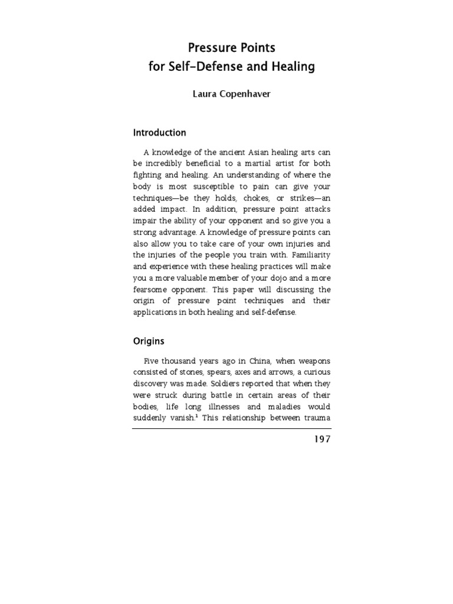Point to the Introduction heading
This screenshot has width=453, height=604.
[x=159, y=133]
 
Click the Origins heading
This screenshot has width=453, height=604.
[x=149, y=341]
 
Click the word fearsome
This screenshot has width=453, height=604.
[x=152, y=290]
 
